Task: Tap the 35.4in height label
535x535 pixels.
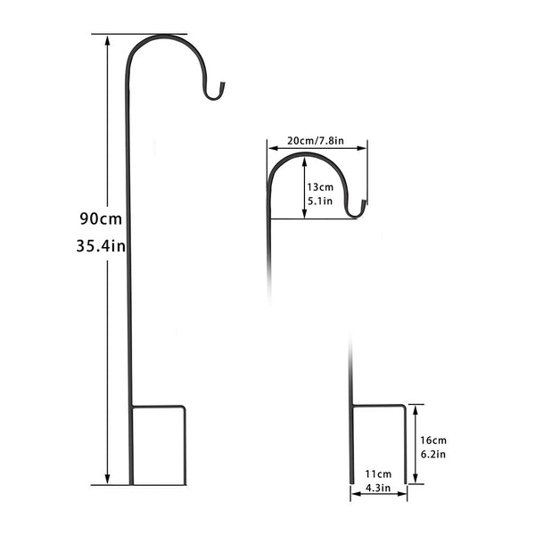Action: coord(99,246)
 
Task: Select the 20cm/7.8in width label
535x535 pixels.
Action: coord(317,142)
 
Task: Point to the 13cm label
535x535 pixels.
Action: coord(319,187)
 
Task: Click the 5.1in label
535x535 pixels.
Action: coord(319,202)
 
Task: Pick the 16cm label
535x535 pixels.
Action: coord(433,440)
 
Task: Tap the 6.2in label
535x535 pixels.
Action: coord(433,455)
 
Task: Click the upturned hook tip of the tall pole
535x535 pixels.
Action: coord(224,86)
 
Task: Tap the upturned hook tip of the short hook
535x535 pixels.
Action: coord(365,205)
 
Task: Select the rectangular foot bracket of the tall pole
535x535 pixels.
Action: coord(158,446)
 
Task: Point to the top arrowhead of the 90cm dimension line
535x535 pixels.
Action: coord(108,39)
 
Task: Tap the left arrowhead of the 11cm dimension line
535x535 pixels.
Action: coord(354,497)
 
